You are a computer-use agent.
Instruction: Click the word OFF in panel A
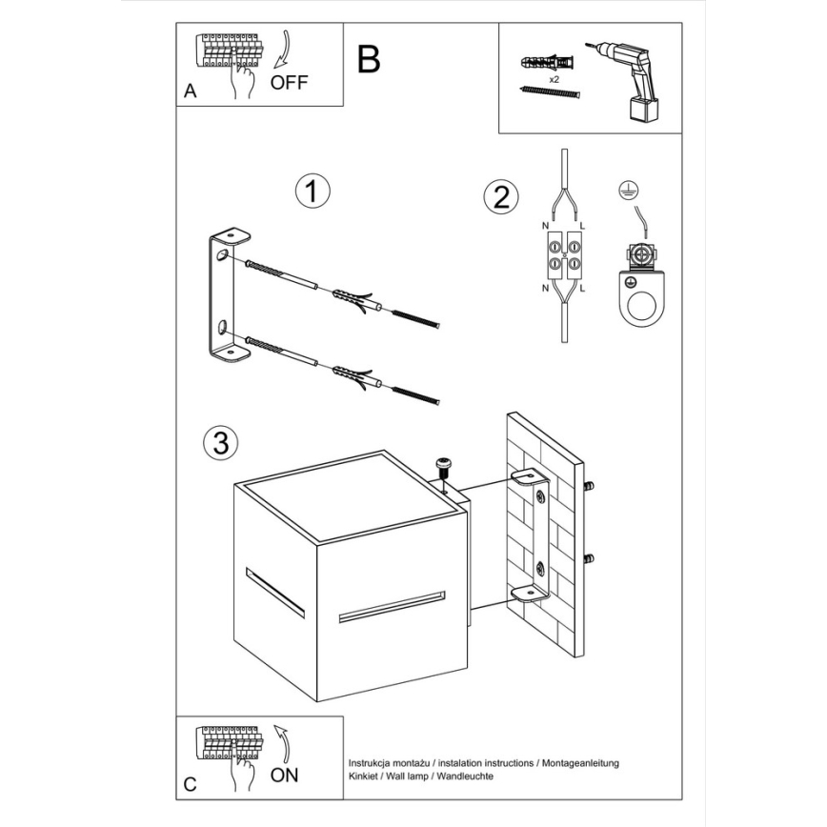(290, 82)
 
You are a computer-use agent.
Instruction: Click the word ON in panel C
(284, 775)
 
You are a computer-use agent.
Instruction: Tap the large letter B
(369, 59)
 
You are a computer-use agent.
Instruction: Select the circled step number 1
(311, 191)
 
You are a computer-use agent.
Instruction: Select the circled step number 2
(501, 197)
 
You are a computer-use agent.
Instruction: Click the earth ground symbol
(628, 191)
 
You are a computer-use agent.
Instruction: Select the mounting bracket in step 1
(227, 295)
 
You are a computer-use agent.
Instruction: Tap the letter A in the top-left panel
(190, 92)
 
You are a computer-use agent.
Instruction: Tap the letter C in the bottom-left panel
(191, 784)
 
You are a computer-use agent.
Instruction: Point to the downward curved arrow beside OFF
(285, 50)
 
